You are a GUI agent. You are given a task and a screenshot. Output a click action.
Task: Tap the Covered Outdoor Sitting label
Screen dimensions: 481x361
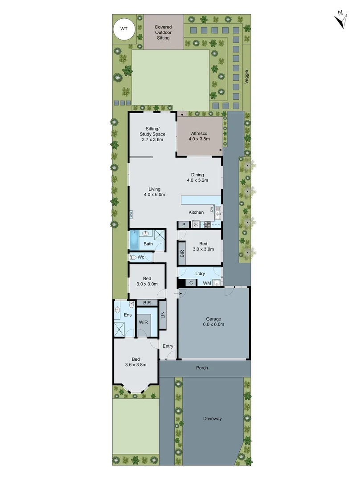(x=163, y=33)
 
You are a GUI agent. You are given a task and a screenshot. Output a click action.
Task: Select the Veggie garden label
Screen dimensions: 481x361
(x=246, y=76)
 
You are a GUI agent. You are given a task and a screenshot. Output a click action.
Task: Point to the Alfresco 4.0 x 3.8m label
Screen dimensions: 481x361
(x=199, y=136)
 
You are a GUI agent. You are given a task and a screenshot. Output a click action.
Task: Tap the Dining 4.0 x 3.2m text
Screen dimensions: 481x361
(x=197, y=178)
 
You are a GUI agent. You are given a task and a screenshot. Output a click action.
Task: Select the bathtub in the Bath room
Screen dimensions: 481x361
(x=134, y=240)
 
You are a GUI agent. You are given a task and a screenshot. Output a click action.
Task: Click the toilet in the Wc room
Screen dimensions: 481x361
(x=133, y=257)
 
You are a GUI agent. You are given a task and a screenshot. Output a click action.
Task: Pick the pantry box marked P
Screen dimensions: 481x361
(x=184, y=225)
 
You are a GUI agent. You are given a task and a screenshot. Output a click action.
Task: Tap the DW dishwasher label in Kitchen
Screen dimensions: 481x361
(x=212, y=209)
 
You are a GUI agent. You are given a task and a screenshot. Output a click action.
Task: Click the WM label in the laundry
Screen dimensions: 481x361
(x=207, y=283)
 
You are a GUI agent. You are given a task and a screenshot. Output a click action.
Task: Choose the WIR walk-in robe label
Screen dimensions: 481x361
(x=143, y=322)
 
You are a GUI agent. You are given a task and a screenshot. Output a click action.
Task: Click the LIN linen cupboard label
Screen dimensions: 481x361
(x=163, y=315)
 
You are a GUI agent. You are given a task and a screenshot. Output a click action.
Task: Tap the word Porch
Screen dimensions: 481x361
(x=202, y=368)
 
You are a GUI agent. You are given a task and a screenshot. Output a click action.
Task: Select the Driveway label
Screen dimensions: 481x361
(x=212, y=419)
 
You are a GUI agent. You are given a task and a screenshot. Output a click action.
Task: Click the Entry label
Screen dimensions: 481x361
(x=168, y=346)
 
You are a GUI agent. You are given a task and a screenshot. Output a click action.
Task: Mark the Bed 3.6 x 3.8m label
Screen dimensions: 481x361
(x=135, y=362)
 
